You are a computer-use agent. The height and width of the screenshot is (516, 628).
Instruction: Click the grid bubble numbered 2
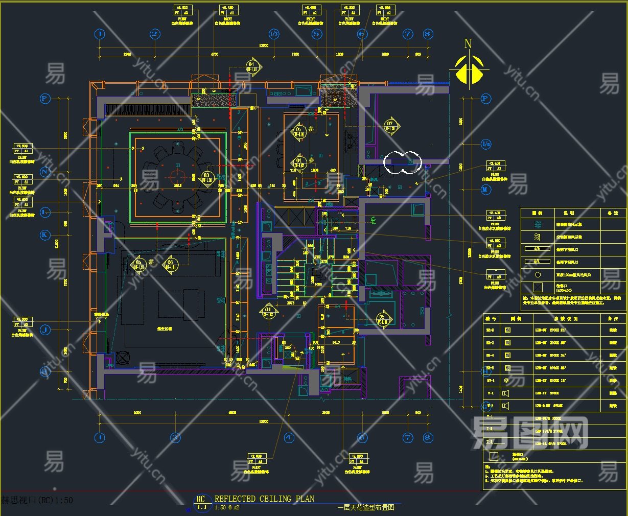click(x=155, y=34)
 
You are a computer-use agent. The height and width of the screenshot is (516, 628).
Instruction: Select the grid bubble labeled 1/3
click(x=274, y=34)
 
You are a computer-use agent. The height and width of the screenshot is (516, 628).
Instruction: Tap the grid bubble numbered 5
click(x=317, y=34)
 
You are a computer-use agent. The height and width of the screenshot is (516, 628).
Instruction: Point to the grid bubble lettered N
click(x=45, y=172)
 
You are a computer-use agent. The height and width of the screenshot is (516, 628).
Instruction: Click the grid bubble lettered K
click(x=45, y=235)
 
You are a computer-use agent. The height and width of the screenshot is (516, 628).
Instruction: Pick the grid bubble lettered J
click(x=45, y=330)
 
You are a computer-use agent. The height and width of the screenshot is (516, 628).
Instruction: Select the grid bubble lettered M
click(x=485, y=190)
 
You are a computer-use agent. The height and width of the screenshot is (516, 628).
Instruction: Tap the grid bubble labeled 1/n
click(x=485, y=145)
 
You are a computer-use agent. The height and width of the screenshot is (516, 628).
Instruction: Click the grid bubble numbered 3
click(x=175, y=437)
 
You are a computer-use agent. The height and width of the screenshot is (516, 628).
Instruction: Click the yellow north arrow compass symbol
click(x=469, y=69)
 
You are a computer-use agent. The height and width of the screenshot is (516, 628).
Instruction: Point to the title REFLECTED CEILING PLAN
click(x=264, y=499)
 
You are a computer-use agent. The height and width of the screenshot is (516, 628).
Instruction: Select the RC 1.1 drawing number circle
click(x=201, y=502)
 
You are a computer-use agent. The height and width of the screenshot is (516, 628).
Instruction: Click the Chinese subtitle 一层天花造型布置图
click(x=366, y=508)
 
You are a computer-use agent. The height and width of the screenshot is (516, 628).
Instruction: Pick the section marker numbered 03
click(x=206, y=177)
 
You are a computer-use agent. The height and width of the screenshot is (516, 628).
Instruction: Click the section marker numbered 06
click(x=170, y=265)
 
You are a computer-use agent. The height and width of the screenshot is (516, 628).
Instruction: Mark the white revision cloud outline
click(x=403, y=162)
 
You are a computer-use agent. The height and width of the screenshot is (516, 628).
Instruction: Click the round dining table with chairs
click(x=176, y=176)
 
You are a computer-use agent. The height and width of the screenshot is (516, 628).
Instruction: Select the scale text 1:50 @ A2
click(x=227, y=508)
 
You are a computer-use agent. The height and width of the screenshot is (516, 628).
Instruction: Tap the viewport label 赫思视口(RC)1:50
click(x=37, y=500)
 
